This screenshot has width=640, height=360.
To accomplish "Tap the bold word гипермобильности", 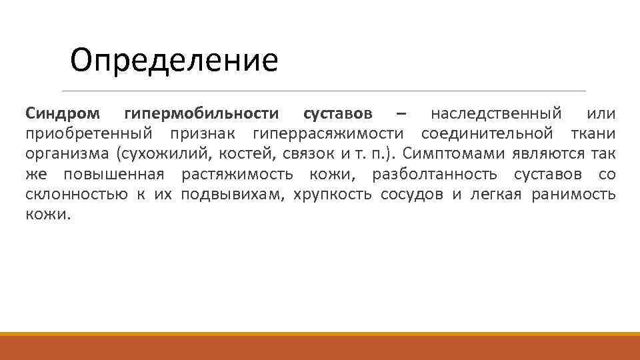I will coord(202,113).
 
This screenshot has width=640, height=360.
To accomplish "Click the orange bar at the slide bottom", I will coord(320,347).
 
